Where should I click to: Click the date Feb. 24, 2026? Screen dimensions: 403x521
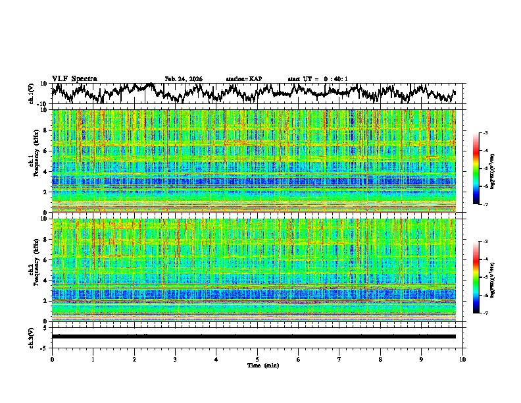coord(184,79)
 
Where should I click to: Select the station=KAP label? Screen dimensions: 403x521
coord(244,79)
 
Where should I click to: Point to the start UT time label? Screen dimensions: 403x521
coord(318,79)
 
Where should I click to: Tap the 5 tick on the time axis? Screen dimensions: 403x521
coord(257,359)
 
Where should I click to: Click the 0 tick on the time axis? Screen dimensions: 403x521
coord(52,359)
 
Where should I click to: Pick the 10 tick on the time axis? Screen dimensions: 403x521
coord(463,359)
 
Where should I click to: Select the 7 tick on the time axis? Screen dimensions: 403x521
coord(339,359)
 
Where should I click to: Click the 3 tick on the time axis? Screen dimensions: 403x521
coord(175,359)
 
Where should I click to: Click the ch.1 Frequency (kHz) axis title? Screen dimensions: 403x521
coord(34,161)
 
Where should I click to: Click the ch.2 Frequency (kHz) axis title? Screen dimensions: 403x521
coord(34,270)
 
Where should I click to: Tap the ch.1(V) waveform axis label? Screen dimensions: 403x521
coord(32,94)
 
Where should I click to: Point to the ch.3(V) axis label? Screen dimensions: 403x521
coord(32,336)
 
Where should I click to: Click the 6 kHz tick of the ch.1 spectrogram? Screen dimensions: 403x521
coord(47,151)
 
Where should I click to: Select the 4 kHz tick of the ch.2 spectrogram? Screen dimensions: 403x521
coord(47,280)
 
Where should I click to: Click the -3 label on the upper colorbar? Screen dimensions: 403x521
coord(485,133)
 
